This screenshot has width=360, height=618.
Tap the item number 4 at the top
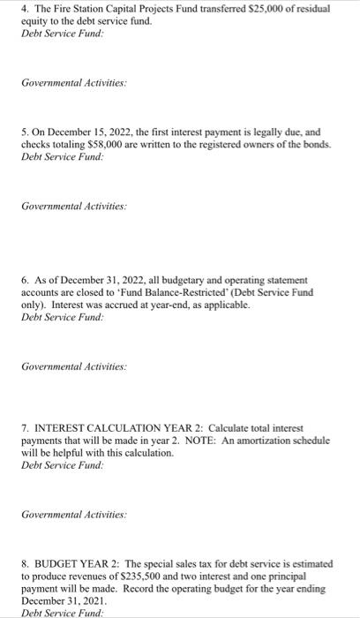pyautogui.click(x=24, y=9)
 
